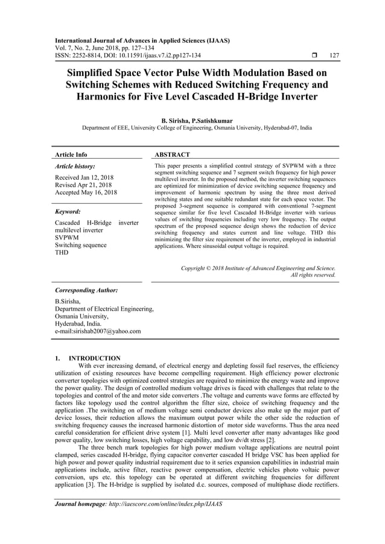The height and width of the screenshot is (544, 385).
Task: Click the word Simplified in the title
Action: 91,72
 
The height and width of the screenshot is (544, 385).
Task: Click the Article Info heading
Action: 71,155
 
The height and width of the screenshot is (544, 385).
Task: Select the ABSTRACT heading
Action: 173,155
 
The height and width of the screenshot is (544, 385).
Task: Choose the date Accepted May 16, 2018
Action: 86,193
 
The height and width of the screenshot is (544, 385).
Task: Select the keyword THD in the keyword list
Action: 62,253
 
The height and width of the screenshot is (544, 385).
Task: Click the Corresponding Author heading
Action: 86,290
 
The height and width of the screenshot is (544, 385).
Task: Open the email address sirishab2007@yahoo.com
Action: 104,331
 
